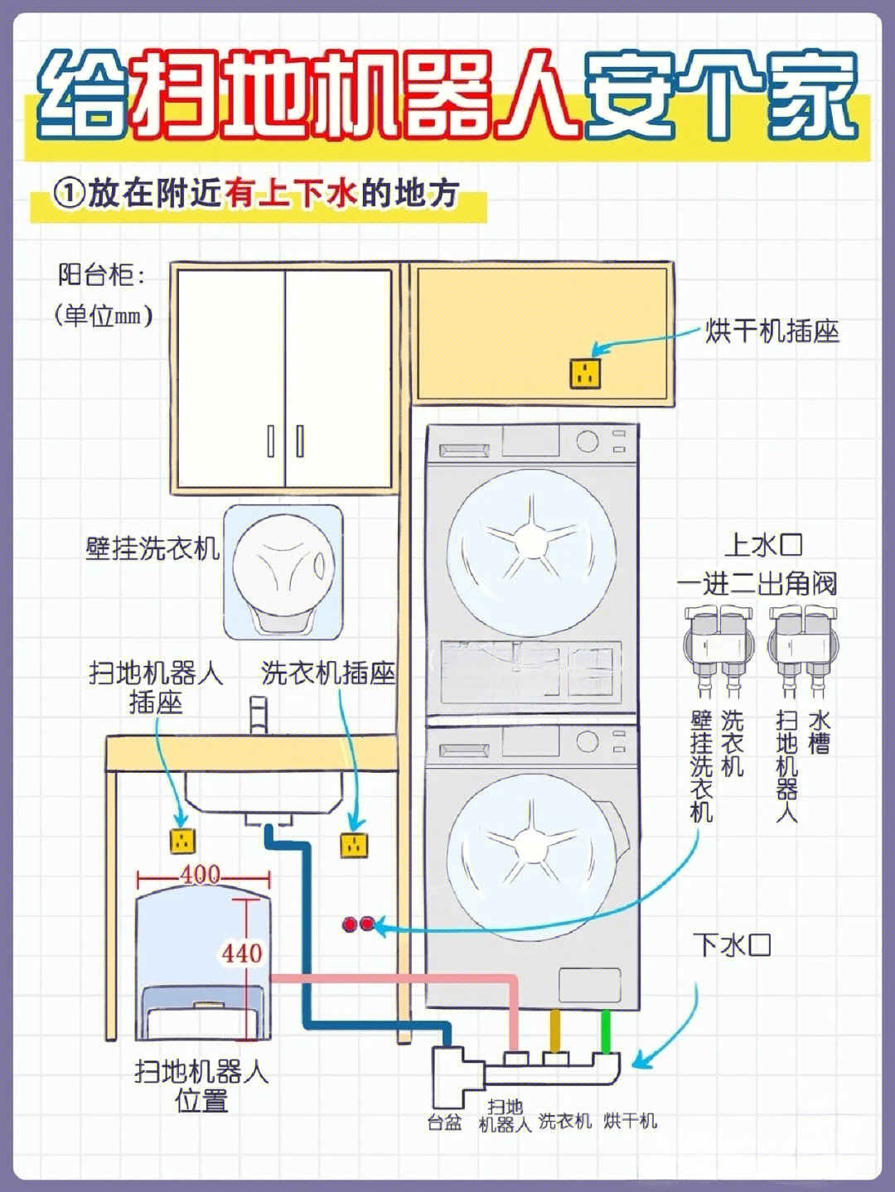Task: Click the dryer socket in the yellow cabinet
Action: point(585,374)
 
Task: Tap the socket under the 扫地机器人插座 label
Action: point(181,842)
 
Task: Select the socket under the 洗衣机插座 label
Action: point(354,845)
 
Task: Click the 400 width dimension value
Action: point(201,875)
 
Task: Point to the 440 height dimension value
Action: point(242,953)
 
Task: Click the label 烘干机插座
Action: point(772,331)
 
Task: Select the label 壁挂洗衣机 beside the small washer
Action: point(152,548)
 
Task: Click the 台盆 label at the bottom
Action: point(444,1122)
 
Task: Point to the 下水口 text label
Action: point(732,945)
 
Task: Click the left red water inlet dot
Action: point(351,924)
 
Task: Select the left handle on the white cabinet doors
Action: point(271,441)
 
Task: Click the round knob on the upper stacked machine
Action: point(588,440)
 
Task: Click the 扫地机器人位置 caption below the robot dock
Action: point(201,1086)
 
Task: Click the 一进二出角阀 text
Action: point(757,583)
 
